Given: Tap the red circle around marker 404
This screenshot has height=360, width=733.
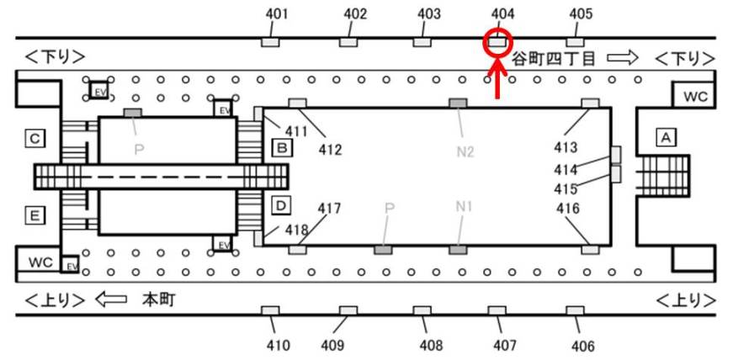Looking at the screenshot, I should coord(498,40).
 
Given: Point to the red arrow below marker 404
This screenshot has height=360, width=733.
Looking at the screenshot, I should coord(498,80).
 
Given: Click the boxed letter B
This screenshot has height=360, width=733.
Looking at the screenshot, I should coord(282,149).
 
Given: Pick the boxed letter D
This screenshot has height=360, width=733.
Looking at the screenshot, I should coord(282,204).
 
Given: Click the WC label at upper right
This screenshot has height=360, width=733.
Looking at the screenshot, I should coord(695,96).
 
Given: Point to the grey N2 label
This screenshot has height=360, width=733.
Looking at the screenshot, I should coord(465,151).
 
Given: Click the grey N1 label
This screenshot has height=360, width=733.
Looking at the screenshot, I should coord(465,206).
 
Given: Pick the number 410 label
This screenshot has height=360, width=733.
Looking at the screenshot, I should coord(279,345).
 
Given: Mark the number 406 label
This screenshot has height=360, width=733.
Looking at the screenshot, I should coord(582,346).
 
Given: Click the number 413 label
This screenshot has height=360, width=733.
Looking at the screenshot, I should coord(566,148).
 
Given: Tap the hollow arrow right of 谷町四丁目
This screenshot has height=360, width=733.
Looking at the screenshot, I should coord(624,57).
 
